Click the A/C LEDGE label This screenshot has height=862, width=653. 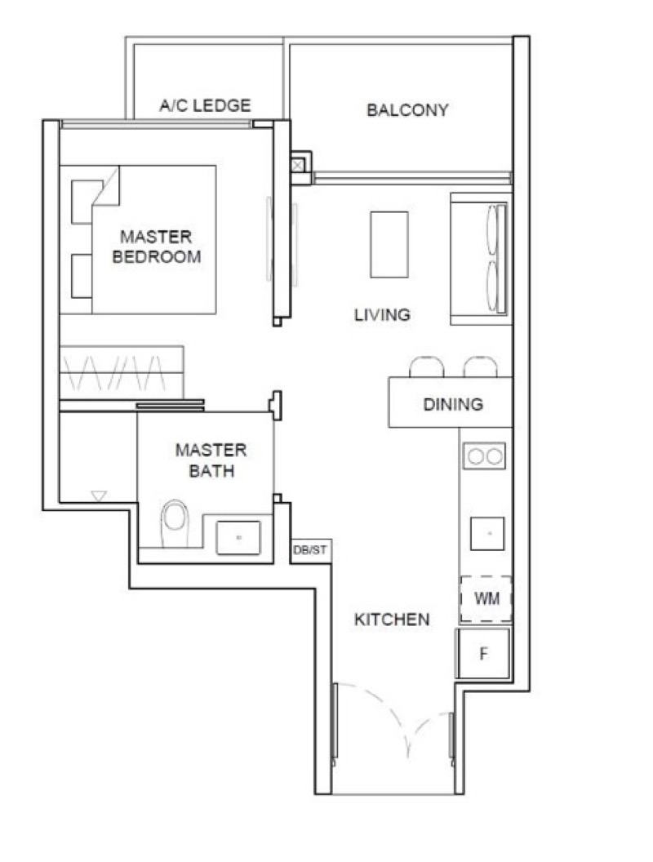[205, 105]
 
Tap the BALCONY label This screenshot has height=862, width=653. [407, 110]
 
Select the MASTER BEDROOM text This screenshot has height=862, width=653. [156, 247]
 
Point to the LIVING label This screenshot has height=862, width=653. [381, 315]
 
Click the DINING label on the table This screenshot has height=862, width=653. [452, 404]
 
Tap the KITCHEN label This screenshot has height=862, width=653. [391, 620]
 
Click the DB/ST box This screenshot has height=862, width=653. [310, 550]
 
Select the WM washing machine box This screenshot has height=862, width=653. [486, 599]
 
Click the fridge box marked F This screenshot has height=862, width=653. [483, 653]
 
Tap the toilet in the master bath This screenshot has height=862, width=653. [175, 520]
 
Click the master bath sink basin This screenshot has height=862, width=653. [238, 537]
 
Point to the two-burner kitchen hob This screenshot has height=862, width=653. [484, 455]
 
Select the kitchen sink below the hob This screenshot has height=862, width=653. [486, 532]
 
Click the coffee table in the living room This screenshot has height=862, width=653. [389, 244]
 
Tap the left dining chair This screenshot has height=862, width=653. [426, 367]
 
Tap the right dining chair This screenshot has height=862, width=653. [480, 367]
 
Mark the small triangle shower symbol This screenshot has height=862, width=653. [99, 495]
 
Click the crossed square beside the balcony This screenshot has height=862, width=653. [299, 164]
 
